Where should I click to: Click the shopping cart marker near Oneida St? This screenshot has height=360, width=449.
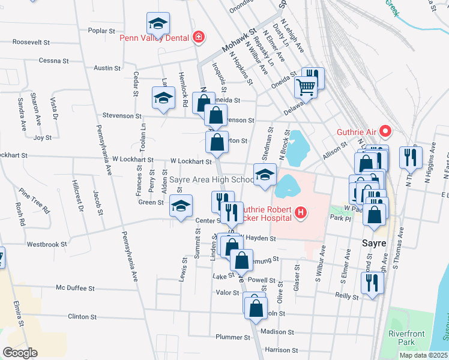pos(306,87)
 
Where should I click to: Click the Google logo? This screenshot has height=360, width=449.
pos(20,353)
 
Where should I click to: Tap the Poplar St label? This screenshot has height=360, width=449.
pos(101,31)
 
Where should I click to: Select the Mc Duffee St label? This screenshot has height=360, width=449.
pos(76,288)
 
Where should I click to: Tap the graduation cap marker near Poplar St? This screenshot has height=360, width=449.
pos(158,24)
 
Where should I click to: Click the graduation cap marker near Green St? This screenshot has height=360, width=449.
pos(181,206)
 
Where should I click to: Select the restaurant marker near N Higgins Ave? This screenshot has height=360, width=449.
pos(411,157)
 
